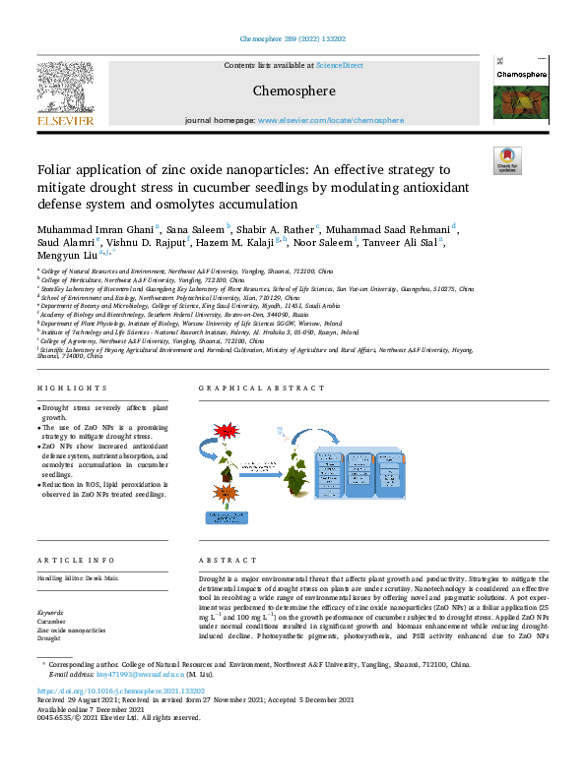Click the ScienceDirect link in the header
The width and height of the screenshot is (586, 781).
(x=339, y=65)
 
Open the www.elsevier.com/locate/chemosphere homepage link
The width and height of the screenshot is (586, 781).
(x=330, y=120)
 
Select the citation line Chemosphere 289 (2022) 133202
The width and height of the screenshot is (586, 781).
(x=293, y=40)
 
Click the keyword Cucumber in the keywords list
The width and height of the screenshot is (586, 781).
(x=52, y=621)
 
